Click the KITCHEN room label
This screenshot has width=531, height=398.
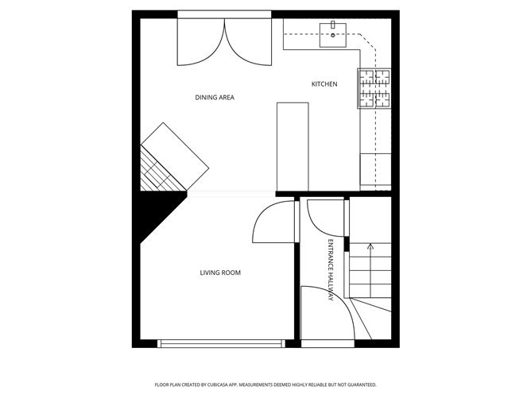(324, 84)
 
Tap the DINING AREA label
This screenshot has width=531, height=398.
(215, 98)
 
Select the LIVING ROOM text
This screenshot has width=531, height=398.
(220, 273)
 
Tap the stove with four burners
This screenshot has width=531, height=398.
(374, 88)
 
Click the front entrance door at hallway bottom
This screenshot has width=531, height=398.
(327, 315)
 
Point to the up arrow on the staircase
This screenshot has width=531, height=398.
(370, 249)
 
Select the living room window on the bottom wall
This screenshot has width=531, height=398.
(220, 343)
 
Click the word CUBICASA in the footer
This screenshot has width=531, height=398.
(231, 384)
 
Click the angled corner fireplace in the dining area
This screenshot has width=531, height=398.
(174, 158)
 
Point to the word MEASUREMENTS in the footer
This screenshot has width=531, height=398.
(269, 384)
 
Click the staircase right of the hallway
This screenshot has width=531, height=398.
(372, 270)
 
